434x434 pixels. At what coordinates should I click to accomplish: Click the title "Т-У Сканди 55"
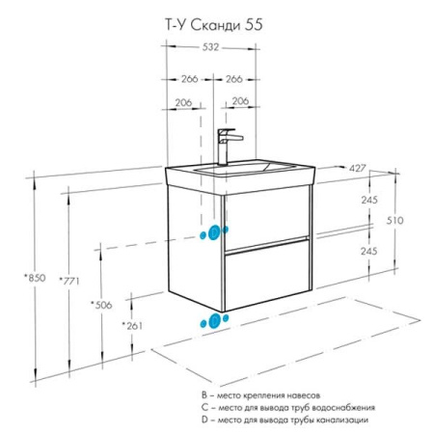click(x=214, y=25)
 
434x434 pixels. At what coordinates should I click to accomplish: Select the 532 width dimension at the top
click(x=210, y=47)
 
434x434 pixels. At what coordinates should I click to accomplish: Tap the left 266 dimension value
click(x=190, y=79)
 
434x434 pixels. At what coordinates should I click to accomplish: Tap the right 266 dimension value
click(x=234, y=79)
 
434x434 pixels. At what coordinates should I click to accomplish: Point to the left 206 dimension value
click(x=183, y=102)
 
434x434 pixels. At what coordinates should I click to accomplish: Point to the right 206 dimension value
click(x=240, y=101)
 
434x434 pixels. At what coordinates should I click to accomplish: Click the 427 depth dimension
click(x=357, y=168)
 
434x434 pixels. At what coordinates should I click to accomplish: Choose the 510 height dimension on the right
click(x=394, y=220)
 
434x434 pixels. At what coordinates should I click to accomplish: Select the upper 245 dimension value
click(x=369, y=200)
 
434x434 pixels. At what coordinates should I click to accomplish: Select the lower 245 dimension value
click(x=369, y=251)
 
